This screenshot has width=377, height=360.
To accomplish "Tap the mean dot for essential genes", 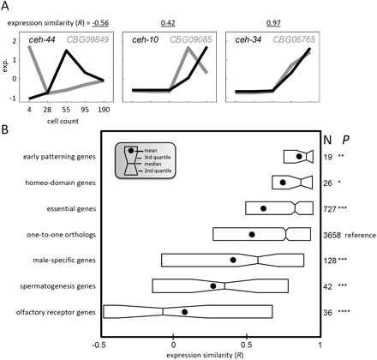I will (x=263, y=208).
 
